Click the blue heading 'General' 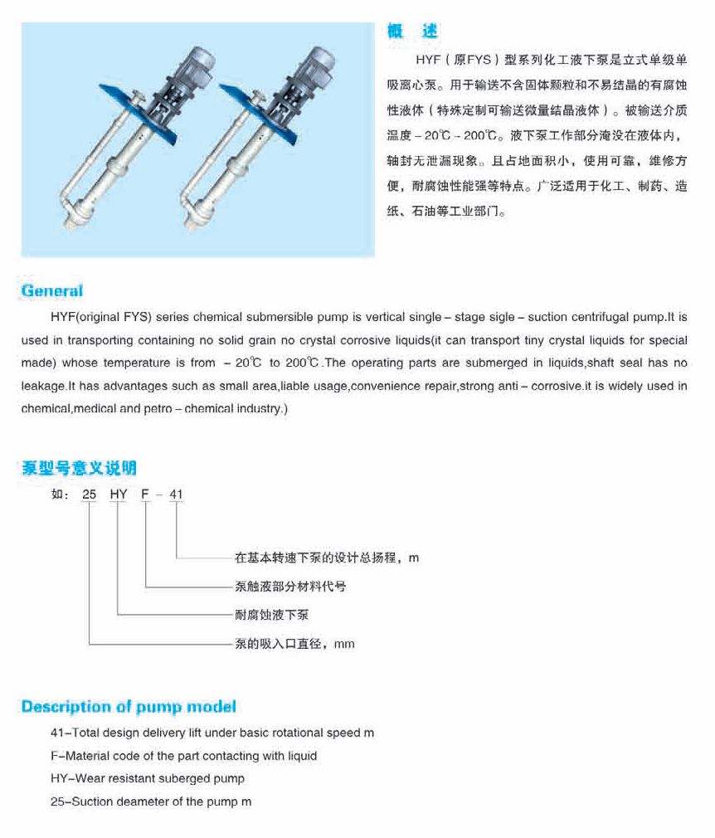coord(52,290)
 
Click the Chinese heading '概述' coord(412,32)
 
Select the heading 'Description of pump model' coord(129,707)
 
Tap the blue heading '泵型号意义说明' coord(79,468)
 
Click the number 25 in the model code coord(90,495)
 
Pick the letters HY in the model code coord(119,495)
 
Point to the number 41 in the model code coord(176,495)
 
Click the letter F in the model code coord(146,495)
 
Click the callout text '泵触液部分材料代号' coord(290,587)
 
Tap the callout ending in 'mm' coord(294,644)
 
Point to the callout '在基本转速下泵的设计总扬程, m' coord(327,558)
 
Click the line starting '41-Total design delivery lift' coord(212,733)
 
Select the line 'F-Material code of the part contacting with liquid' coord(184,756)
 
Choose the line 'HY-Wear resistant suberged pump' coord(148,778)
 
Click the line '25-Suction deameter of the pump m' coord(151,801)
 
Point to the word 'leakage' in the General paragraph coord(44,386)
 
